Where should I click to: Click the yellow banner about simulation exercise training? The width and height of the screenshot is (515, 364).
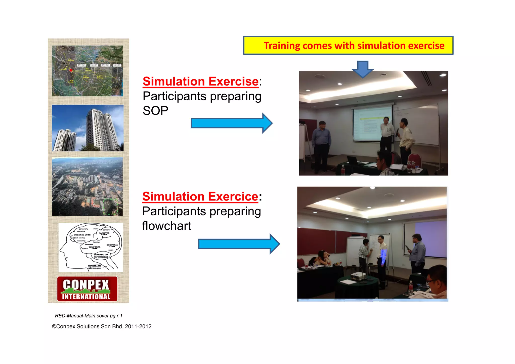tap(348, 46)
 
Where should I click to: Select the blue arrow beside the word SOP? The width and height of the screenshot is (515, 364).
tap(231, 123)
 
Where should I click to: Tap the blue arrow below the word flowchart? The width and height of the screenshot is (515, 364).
tap(239, 244)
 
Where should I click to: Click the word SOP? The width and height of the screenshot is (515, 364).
tap(155, 111)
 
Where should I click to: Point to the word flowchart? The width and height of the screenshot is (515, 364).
tap(166, 226)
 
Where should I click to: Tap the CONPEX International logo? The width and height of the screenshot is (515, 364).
tap(87, 289)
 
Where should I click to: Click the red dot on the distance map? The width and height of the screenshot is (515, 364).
tap(71, 70)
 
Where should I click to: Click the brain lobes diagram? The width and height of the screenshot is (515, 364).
tap(91, 247)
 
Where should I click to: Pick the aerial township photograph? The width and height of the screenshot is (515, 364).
tap(87, 186)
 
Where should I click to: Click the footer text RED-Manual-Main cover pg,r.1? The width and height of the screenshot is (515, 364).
tap(89, 316)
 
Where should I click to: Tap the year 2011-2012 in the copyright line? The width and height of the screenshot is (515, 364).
tap(138, 327)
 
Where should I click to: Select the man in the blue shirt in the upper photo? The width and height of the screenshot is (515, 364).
tap(321, 143)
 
